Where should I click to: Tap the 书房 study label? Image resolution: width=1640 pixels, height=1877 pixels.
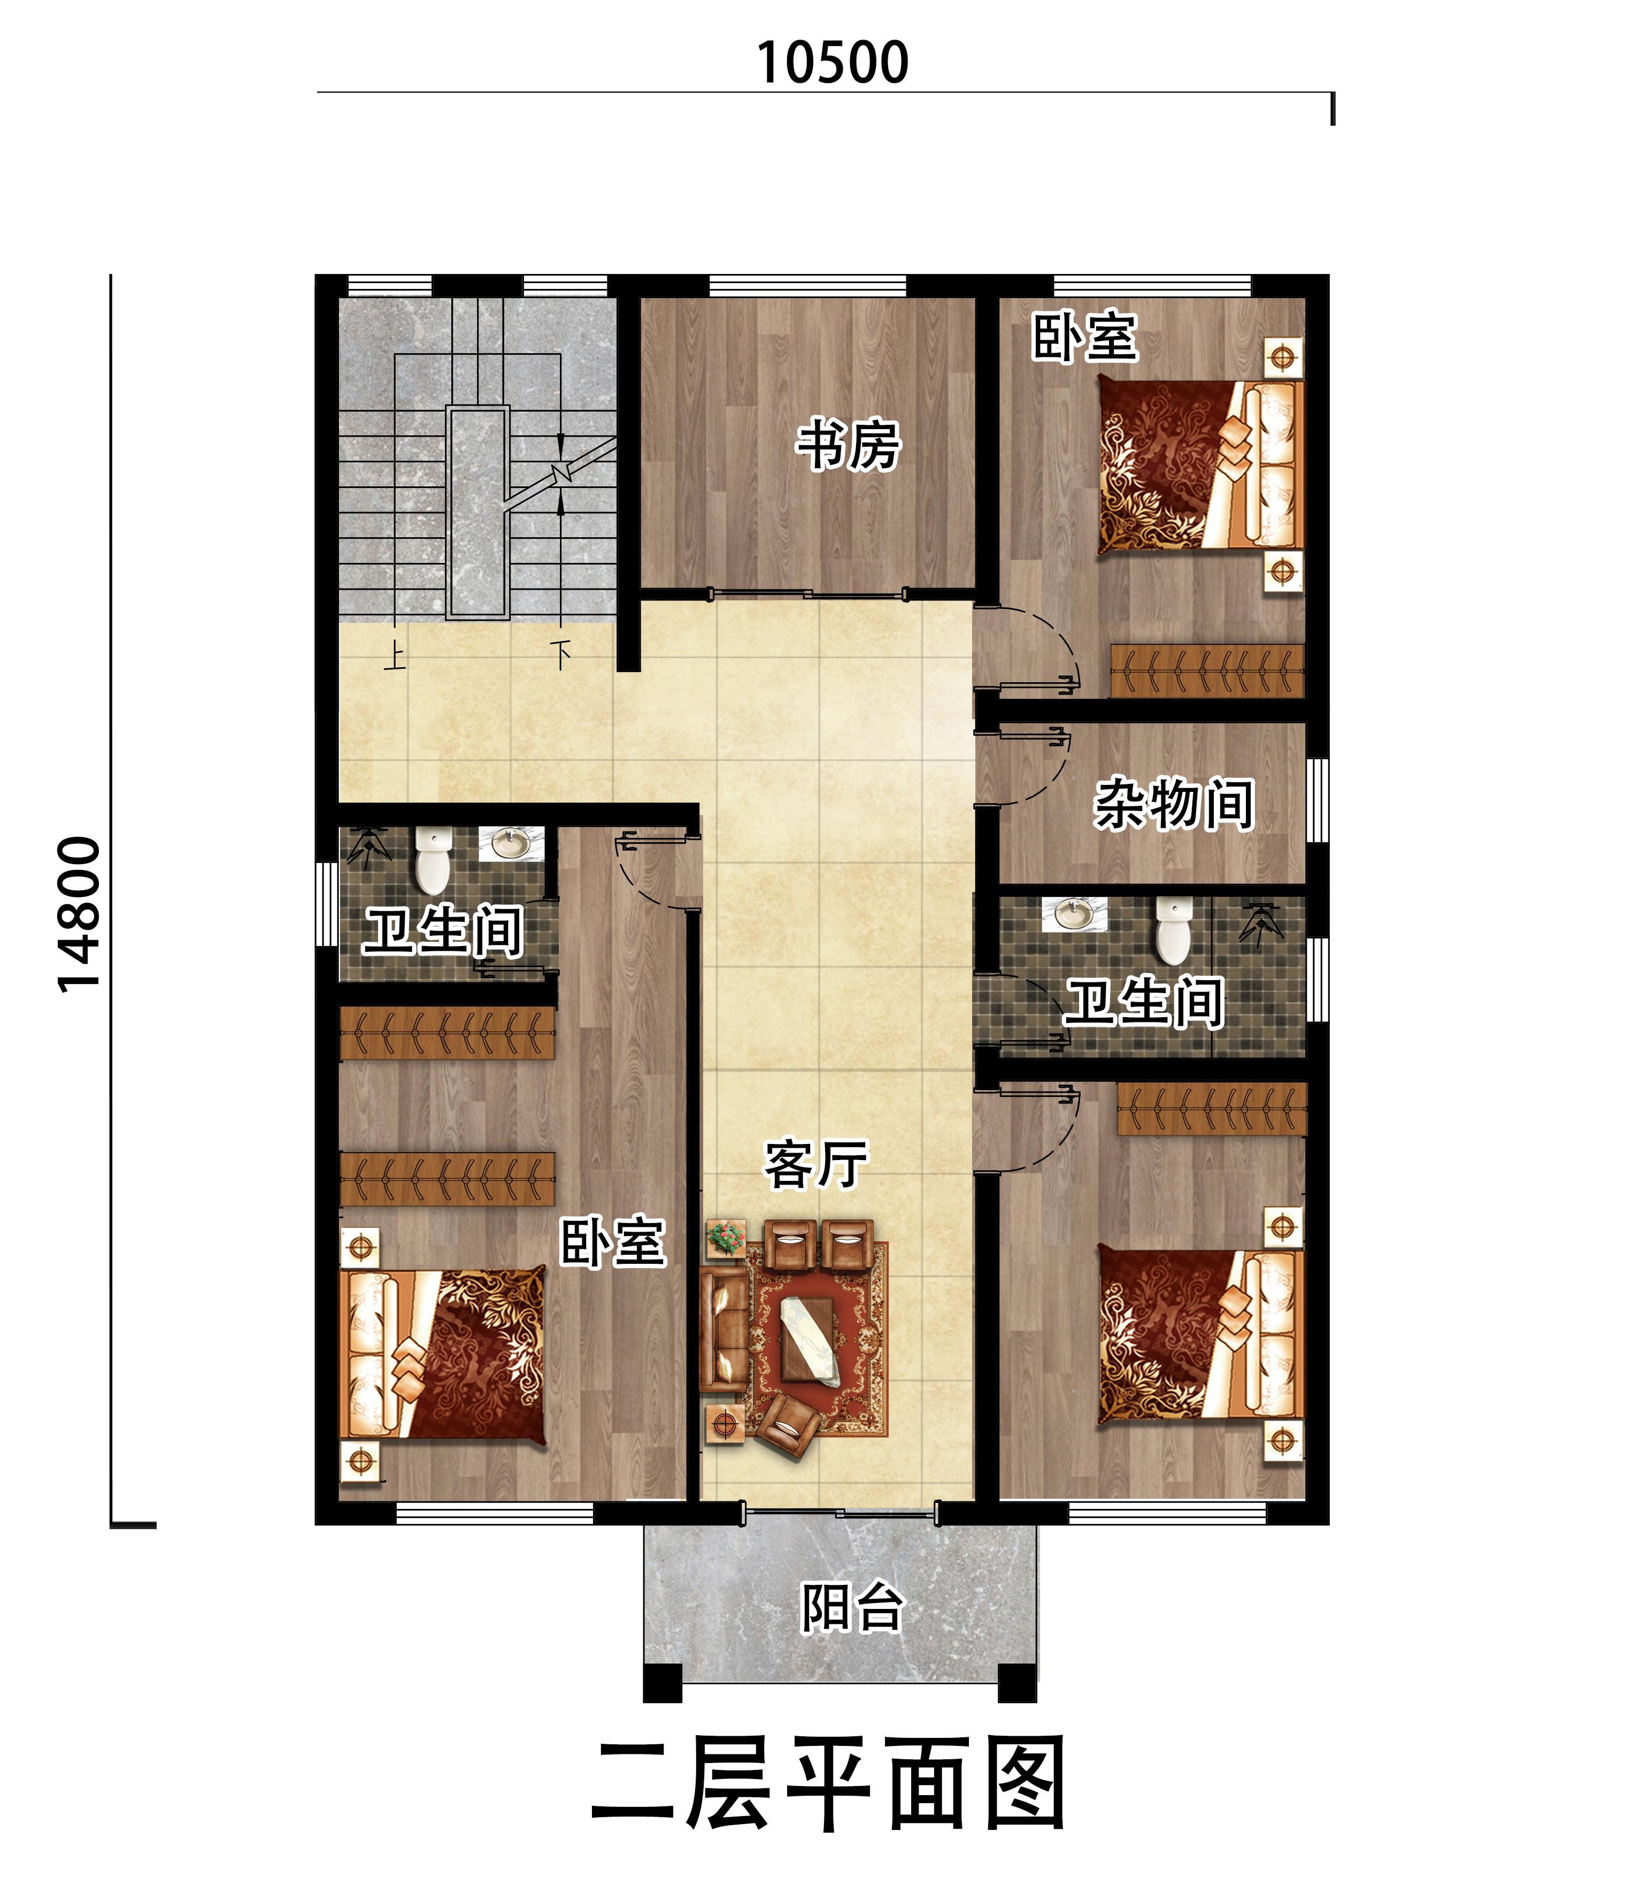[849, 446]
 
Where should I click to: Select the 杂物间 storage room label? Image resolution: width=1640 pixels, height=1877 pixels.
[1174, 804]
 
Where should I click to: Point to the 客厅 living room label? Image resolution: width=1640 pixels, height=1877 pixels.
[815, 1165]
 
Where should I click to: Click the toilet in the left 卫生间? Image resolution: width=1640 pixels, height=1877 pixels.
[433, 861]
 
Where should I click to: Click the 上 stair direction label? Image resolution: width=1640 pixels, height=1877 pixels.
[395, 655]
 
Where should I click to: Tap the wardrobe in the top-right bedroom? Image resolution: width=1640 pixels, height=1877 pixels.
[1207, 671]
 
